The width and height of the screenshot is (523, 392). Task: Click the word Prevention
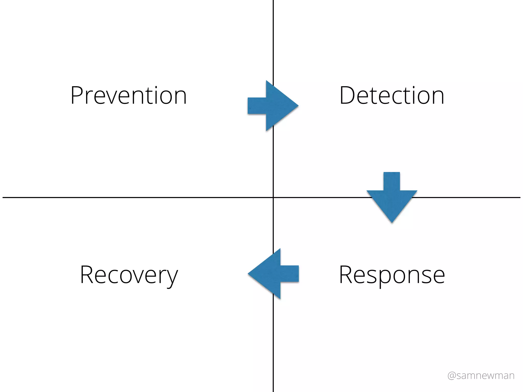pyautogui.click(x=129, y=95)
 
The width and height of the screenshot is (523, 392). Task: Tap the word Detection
pyautogui.click(x=392, y=95)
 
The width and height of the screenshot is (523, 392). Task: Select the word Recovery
pyautogui.click(x=129, y=275)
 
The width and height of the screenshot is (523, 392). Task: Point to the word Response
pyautogui.click(x=392, y=275)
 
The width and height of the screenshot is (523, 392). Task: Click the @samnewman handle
pyautogui.click(x=481, y=376)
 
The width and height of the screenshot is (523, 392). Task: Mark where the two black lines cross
pyautogui.click(x=273, y=198)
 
